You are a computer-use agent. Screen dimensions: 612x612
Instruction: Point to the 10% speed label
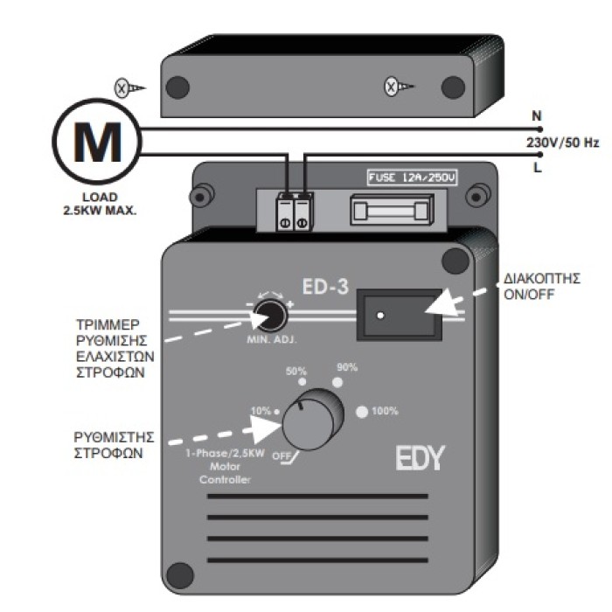[x=261, y=410]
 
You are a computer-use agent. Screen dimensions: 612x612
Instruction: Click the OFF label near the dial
[x=281, y=456]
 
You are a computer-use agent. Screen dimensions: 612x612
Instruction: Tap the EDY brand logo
[x=420, y=457]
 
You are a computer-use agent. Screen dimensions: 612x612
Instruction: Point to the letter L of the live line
[x=536, y=166]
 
